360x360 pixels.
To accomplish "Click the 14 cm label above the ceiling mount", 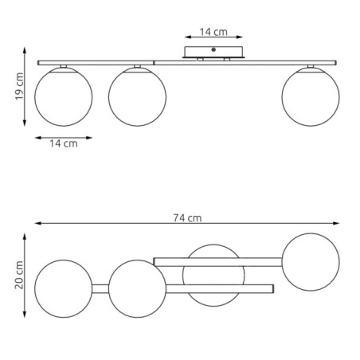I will coord(213,32).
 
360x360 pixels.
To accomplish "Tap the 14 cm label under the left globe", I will coord(64,144).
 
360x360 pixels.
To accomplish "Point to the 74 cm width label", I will coord(189,217).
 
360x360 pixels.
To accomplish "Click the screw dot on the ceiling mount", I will coord(213,50).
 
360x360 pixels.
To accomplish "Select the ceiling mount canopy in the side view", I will coord(213,53).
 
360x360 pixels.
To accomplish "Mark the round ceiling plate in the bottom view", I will coord(211,274).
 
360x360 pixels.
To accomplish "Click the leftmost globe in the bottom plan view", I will coord(64,288).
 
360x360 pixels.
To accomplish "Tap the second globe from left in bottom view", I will coord(137,288).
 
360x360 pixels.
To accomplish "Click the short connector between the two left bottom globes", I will coord(100,288).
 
